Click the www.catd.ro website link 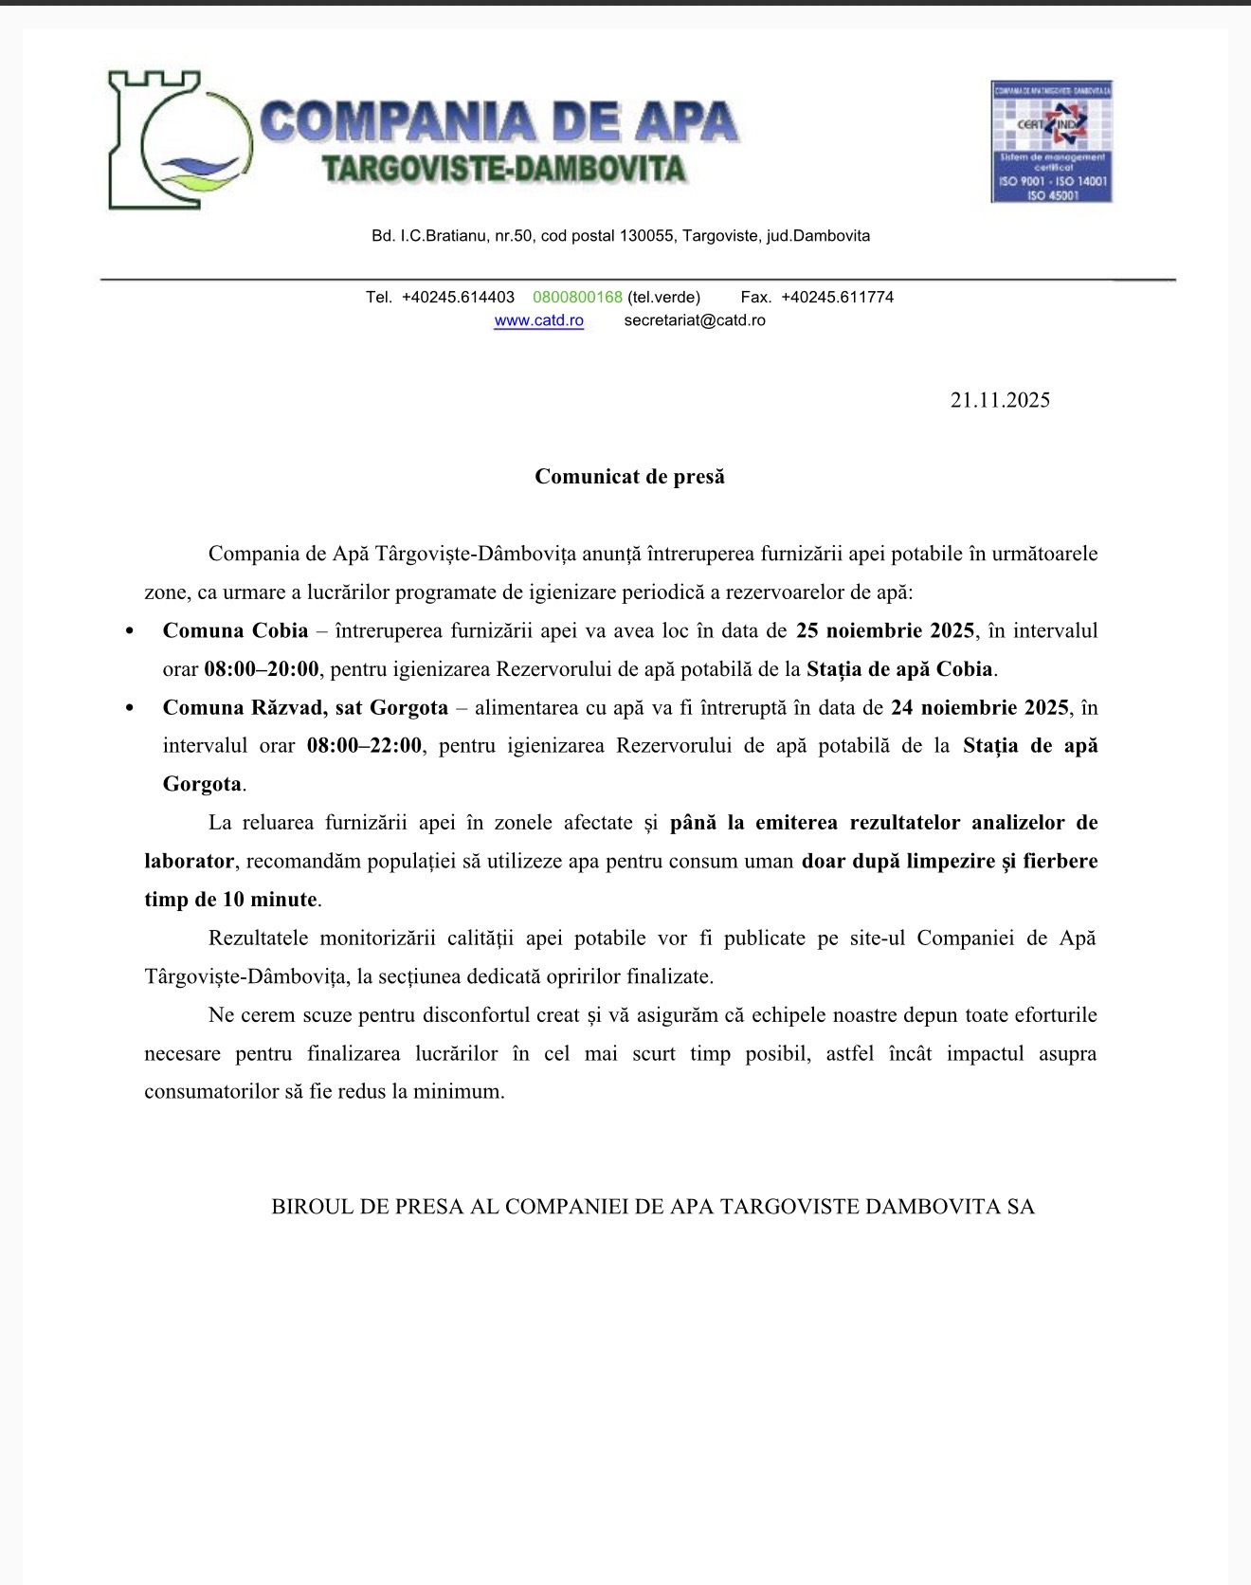(x=538, y=320)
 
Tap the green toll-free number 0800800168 (x=577, y=297)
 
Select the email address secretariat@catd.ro (x=695, y=320)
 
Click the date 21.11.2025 (x=1000, y=400)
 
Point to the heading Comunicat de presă (x=629, y=476)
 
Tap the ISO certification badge (x=1051, y=141)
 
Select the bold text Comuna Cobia (x=235, y=630)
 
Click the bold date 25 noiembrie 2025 (x=885, y=630)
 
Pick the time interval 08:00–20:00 (x=262, y=669)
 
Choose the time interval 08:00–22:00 (x=364, y=746)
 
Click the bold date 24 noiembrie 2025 (x=980, y=707)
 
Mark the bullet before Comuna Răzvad (x=130, y=709)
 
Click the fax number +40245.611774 (x=837, y=297)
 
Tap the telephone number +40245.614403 (x=458, y=297)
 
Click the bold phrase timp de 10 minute (x=231, y=900)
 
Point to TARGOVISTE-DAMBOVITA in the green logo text (x=503, y=169)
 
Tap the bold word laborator (x=189, y=862)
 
